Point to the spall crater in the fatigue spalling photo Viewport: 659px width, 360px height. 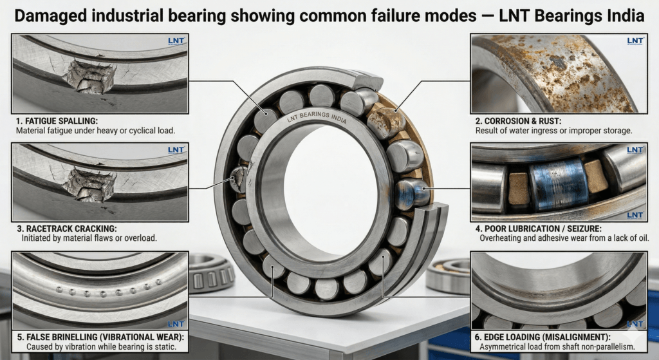point(91,77)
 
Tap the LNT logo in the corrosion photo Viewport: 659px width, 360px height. point(635,42)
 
